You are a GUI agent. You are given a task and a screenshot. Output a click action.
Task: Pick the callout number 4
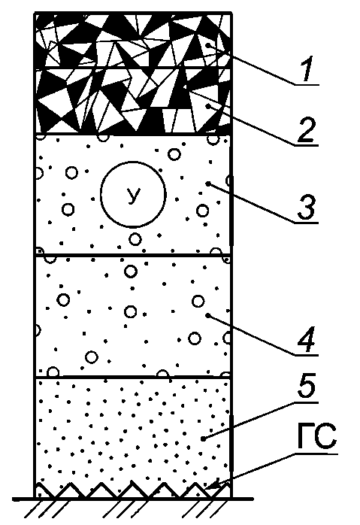click(307, 338)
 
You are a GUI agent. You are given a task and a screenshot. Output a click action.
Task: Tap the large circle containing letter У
click(133, 193)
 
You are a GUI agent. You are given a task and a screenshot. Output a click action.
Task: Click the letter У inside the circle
click(133, 196)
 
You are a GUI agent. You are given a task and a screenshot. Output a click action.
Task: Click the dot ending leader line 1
click(207, 46)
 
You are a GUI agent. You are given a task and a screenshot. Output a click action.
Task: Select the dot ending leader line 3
click(207, 183)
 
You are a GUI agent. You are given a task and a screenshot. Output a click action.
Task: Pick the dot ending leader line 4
click(207, 315)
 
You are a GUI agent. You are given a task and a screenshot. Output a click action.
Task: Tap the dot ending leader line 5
click(203, 439)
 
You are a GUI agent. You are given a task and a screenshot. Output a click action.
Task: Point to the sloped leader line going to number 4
click(252, 335)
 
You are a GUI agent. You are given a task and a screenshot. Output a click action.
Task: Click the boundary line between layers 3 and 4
click(133, 256)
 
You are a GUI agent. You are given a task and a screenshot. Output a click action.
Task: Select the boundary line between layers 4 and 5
click(133, 377)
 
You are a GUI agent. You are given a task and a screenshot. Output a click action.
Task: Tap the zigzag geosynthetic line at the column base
click(133, 490)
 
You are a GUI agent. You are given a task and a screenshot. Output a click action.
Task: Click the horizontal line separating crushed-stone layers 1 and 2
click(133, 68)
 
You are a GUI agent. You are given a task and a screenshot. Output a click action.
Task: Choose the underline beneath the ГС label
click(316, 454)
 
